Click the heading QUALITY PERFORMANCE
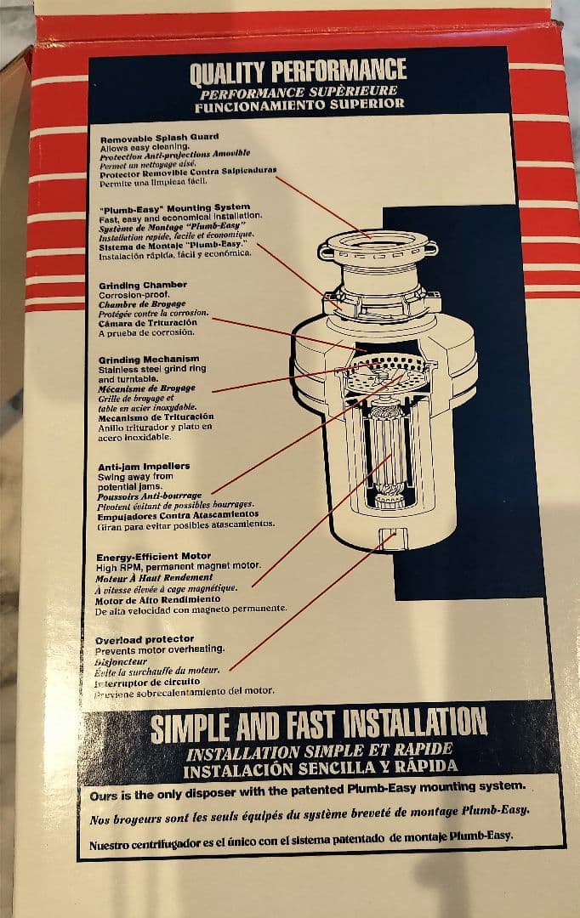(x=298, y=71)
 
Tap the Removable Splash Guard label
(x=159, y=139)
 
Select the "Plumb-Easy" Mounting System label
(x=174, y=208)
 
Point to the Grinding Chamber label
(x=143, y=285)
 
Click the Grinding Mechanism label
(x=149, y=360)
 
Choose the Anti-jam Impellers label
(x=144, y=467)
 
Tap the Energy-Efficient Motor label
(x=153, y=556)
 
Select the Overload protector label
(x=145, y=639)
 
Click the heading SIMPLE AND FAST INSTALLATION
(x=319, y=725)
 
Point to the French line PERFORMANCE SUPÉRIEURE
(x=299, y=93)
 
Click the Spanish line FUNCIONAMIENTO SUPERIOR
(x=299, y=105)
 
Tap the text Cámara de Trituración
(x=148, y=323)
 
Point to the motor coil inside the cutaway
(x=388, y=450)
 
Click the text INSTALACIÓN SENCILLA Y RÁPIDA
(x=320, y=768)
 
